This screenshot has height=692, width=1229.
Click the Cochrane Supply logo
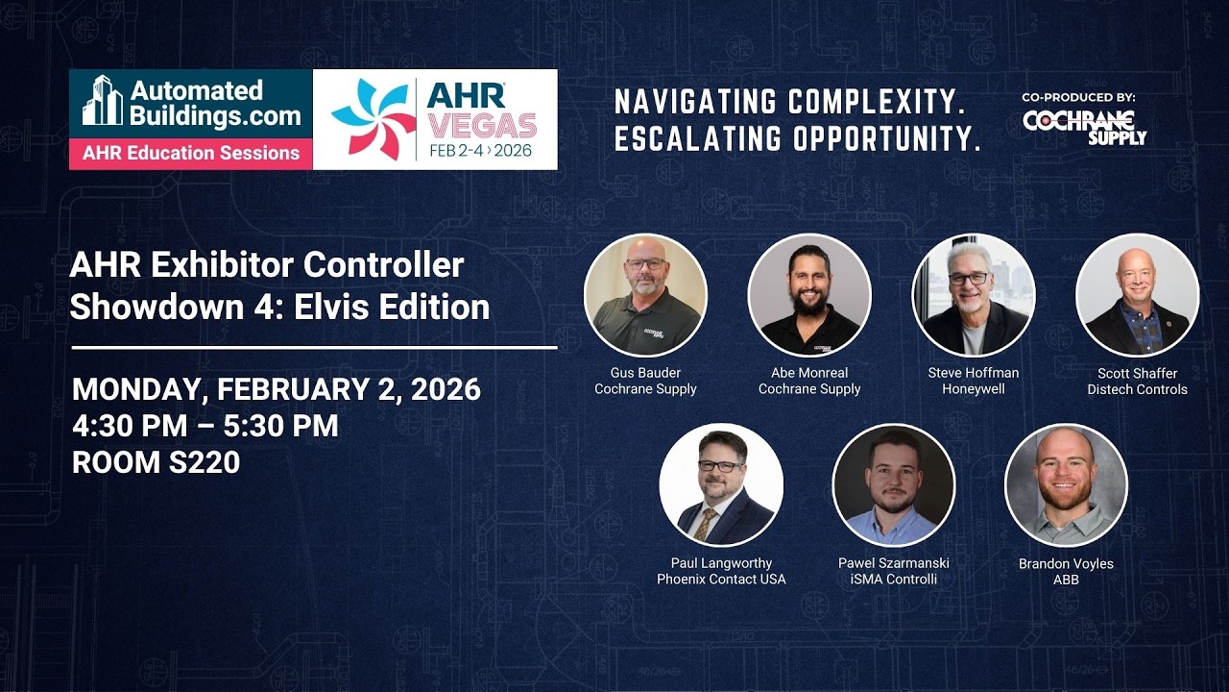pos(1085,127)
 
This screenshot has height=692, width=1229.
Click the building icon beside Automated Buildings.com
pos(103,101)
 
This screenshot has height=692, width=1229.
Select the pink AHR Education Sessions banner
pos(191,153)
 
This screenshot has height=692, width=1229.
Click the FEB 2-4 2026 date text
pos(480,151)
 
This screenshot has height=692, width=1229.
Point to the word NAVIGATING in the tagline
pos(695,101)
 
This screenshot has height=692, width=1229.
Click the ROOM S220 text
pos(156,462)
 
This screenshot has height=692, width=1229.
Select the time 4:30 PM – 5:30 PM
pos(205,426)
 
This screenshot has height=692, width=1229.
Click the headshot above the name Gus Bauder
pos(645,295)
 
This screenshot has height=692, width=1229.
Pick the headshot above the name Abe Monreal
pos(809,295)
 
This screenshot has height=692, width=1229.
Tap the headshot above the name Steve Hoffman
pos(973,295)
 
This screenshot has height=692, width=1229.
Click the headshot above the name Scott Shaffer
pos(1137,295)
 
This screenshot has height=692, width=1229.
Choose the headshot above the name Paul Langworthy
pos(721,485)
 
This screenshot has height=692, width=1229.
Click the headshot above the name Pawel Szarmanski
pos(894,485)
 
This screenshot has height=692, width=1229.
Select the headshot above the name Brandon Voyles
pos(1066,485)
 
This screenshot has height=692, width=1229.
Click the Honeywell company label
pos(973,389)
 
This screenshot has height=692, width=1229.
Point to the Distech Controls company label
pos(1137,389)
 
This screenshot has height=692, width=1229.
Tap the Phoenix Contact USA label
pos(721,580)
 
